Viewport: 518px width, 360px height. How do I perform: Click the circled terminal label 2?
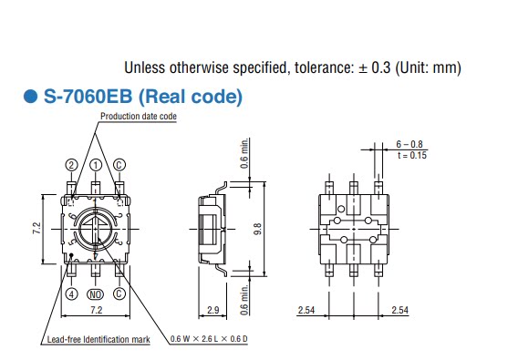tap(72, 165)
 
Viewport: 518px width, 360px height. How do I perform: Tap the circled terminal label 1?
tap(96, 165)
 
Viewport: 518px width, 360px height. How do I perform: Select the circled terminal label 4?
tap(72, 293)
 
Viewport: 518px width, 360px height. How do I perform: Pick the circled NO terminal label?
tap(95, 294)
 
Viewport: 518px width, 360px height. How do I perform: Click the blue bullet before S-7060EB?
tap(31, 97)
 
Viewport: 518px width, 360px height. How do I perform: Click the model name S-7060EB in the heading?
tap(88, 97)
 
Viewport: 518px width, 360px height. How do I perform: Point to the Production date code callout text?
tap(139, 117)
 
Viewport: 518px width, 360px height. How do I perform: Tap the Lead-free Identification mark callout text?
tap(98, 339)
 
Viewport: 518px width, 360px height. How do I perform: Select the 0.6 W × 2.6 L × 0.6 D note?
tap(209, 338)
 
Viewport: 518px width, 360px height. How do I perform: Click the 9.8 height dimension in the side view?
tap(258, 229)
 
